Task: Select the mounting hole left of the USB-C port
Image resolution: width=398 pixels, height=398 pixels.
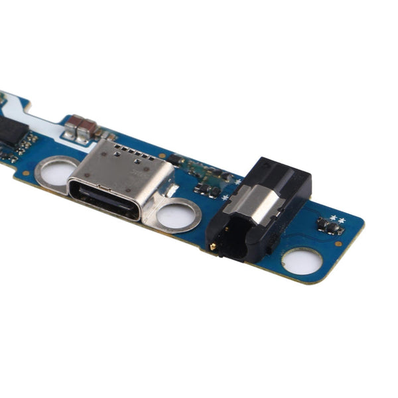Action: click(x=56, y=172)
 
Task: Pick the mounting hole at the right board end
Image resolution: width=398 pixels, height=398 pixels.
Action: click(x=302, y=261)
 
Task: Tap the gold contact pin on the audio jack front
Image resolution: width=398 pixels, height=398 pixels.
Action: click(x=213, y=246)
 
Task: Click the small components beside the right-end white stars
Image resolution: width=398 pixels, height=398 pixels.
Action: click(x=330, y=228)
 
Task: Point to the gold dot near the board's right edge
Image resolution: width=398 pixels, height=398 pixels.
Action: click(x=339, y=244)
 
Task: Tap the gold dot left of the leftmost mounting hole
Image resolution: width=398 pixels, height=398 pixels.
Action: click(x=26, y=173)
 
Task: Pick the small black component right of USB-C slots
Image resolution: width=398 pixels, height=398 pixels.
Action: click(x=174, y=160)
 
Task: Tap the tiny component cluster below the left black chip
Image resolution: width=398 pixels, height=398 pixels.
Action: click(x=23, y=146)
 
